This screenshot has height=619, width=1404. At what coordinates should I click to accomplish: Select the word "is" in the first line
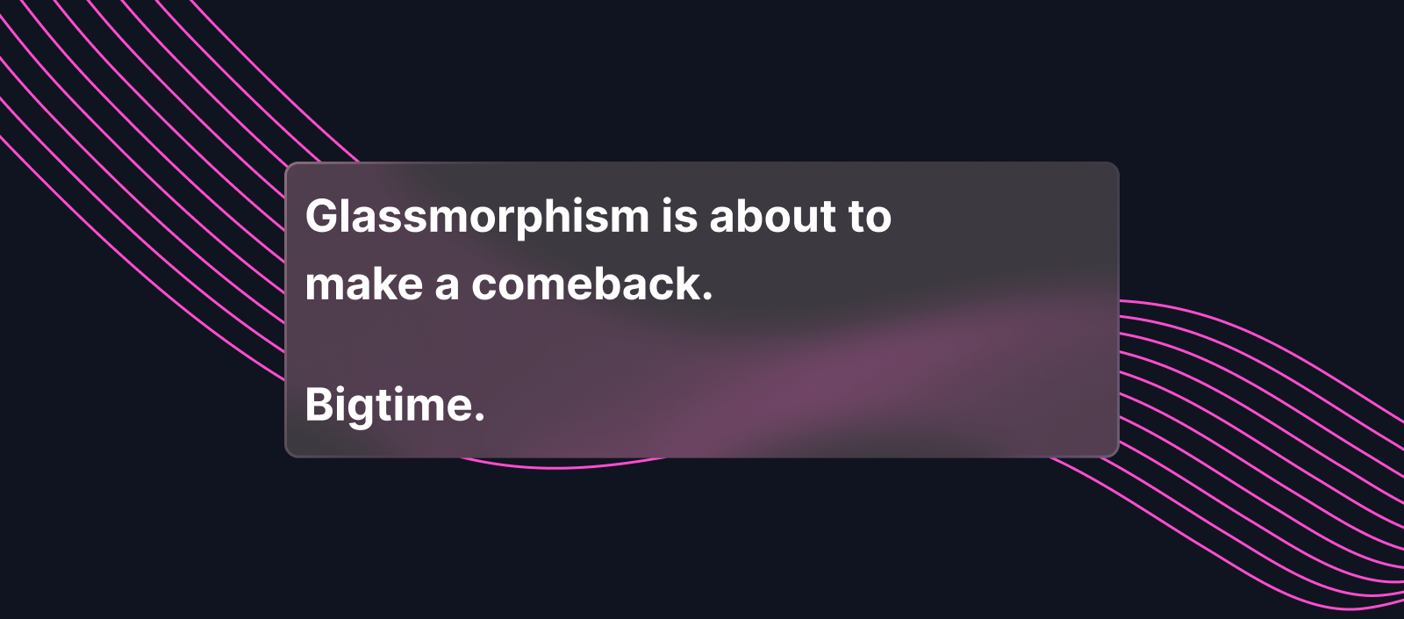coord(679,215)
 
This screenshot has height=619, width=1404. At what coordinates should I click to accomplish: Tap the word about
coord(773,216)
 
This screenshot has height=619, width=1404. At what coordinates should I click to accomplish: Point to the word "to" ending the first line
coord(870,217)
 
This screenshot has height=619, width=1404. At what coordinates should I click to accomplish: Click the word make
coord(364,284)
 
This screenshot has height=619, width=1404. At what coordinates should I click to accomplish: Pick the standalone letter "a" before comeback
coord(447,288)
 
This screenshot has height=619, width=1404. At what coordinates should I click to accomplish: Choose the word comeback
coord(585,284)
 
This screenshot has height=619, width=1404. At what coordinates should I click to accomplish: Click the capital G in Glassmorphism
coord(322,216)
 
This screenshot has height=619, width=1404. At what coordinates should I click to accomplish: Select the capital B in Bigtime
coord(319,405)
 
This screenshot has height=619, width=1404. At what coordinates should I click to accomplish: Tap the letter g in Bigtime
coord(360,412)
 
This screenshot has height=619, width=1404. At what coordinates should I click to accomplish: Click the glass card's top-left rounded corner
coord(289,166)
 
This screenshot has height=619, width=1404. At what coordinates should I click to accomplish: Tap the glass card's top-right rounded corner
coord(1115,166)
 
